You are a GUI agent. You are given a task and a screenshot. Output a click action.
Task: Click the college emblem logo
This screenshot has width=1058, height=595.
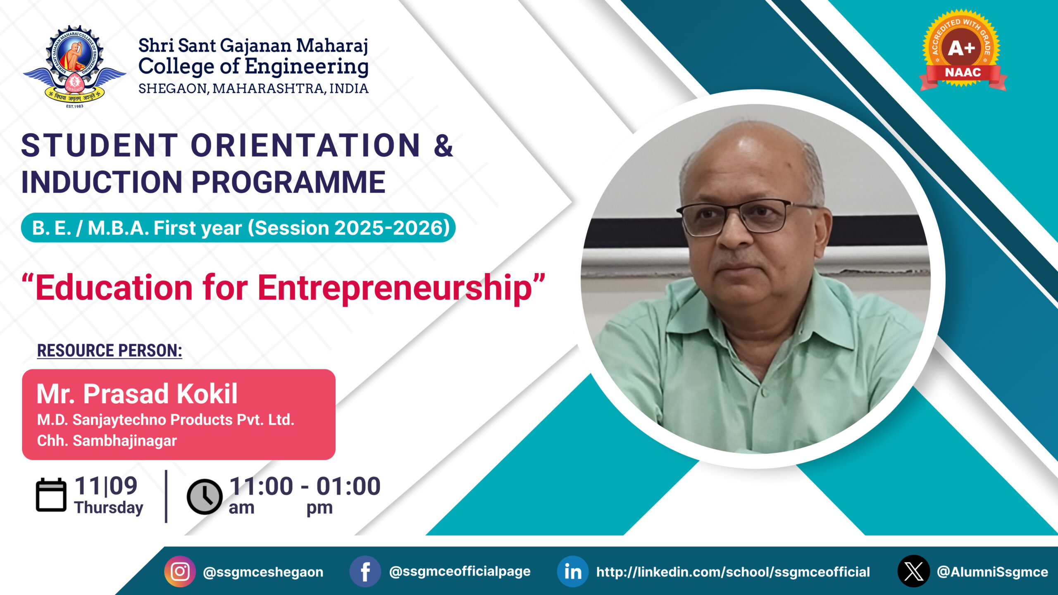point(74,66)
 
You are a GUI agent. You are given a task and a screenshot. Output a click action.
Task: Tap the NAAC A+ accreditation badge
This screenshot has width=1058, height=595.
point(963,50)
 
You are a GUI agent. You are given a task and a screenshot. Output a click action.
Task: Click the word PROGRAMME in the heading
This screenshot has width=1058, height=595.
point(288,182)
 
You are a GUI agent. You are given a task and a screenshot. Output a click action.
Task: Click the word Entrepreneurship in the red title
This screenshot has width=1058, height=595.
point(395,288)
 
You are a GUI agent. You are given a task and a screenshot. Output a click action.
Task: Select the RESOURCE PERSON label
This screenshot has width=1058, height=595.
point(110,350)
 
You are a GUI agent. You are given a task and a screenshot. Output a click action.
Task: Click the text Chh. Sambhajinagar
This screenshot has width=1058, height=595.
point(107,441)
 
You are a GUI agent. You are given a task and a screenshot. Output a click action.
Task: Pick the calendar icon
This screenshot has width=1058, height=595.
point(51,495)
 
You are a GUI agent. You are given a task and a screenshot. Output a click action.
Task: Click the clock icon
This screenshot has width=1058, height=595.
point(204,497)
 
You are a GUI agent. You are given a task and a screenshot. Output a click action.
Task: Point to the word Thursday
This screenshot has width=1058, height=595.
point(109,507)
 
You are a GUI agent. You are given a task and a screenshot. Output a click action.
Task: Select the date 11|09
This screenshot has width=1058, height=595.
point(106,486)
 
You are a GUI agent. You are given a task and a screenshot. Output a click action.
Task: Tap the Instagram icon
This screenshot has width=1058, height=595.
point(180,571)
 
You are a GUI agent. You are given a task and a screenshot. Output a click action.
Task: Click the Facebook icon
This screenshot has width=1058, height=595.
point(365,571)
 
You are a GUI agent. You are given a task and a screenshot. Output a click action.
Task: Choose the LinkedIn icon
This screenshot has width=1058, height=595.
point(573,571)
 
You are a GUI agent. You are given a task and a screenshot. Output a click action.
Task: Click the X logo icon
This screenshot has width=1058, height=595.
point(913,571)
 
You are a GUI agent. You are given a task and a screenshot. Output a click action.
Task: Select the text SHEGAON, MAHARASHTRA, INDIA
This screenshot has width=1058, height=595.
point(253,88)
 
